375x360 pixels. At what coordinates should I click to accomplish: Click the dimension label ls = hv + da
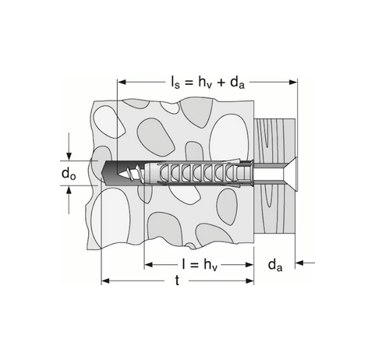207,80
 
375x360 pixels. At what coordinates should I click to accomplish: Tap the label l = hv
199,264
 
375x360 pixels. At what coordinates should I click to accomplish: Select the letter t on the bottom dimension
179,281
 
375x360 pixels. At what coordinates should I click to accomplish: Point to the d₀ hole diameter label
69,174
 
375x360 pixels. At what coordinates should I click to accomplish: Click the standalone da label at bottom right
274,265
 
